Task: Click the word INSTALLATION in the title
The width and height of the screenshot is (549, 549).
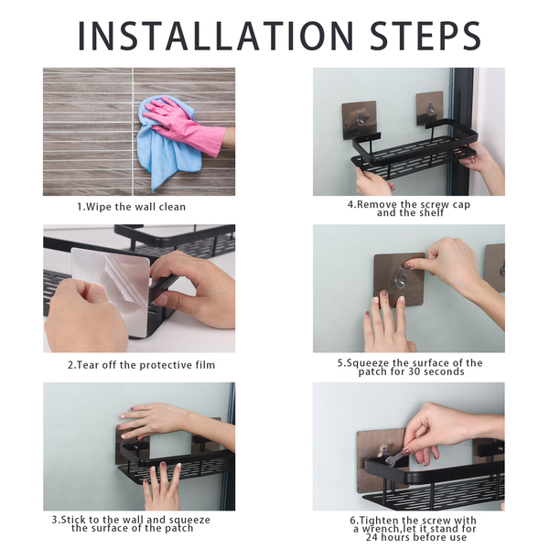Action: pyautogui.click(x=215, y=36)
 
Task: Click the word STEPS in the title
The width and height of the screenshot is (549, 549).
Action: pyautogui.click(x=425, y=36)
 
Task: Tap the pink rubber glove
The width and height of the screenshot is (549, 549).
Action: pyautogui.click(x=186, y=125)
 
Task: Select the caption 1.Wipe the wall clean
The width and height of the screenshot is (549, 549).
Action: pyautogui.click(x=131, y=207)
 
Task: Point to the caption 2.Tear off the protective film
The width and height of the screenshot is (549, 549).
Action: pyautogui.click(x=142, y=365)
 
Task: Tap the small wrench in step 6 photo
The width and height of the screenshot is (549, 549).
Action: pyautogui.click(x=393, y=458)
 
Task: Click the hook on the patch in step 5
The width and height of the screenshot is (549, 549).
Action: pyautogui.click(x=400, y=279)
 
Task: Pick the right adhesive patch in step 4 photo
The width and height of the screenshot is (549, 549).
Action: pyautogui.click(x=430, y=108)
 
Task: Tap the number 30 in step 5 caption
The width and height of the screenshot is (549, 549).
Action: pyautogui.click(x=413, y=371)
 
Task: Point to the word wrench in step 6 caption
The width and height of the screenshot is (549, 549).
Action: pyautogui.click(x=382, y=529)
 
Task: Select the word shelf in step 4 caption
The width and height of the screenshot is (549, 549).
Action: pyautogui.click(x=430, y=213)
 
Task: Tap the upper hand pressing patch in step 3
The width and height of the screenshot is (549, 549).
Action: pyautogui.click(x=165, y=420)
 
